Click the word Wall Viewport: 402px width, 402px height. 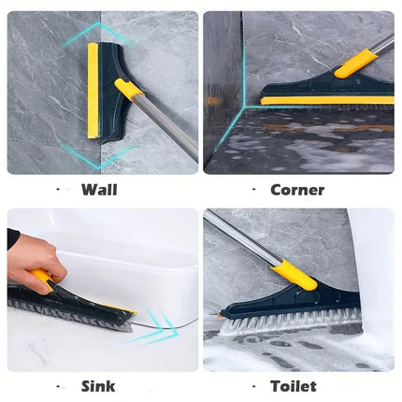click(x=99, y=190)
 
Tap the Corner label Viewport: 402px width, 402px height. click(x=297, y=190)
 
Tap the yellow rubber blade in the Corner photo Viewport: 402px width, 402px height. click(x=327, y=100)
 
